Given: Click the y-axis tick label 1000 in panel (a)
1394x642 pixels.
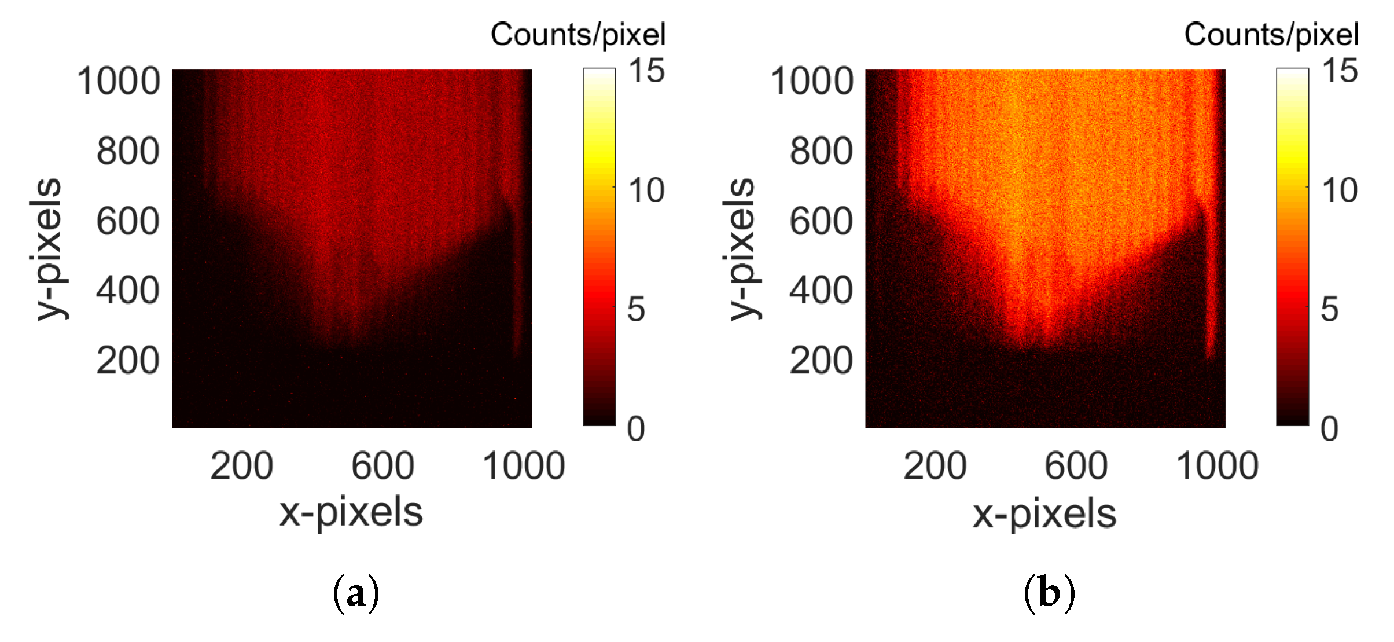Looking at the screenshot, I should click(x=119, y=81).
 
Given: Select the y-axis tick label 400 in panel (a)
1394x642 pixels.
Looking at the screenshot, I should click(x=127, y=291).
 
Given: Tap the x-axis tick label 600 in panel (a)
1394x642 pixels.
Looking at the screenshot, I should click(x=382, y=465).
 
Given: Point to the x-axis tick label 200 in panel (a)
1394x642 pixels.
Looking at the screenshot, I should click(x=241, y=465).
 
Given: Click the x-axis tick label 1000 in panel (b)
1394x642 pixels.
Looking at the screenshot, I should click(x=1217, y=465).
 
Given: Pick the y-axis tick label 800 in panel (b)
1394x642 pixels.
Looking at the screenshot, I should click(x=821, y=152).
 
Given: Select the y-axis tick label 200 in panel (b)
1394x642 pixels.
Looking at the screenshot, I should click(x=821, y=361).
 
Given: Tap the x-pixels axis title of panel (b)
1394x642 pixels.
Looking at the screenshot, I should click(x=1044, y=513).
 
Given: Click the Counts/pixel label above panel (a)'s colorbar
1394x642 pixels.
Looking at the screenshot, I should click(x=578, y=35).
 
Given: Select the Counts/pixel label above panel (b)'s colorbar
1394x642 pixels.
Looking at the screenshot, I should click(x=1271, y=35).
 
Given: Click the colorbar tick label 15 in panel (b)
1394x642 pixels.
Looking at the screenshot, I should click(x=1340, y=71).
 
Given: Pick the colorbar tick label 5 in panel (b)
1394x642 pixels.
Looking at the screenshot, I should click(x=1330, y=309).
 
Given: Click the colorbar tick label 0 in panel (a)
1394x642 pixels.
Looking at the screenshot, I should click(x=636, y=429).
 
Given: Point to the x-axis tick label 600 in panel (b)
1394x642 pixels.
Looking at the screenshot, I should click(x=1076, y=465).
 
